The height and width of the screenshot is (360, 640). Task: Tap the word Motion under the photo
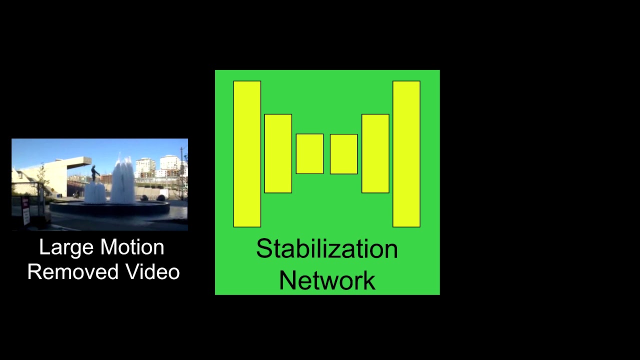tap(132, 247)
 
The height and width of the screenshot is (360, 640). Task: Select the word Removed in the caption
tap(73, 272)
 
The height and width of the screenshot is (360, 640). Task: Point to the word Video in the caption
tap(152, 272)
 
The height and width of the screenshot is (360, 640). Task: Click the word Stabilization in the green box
tap(327, 249)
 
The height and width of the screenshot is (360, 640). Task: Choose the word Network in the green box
tap(327, 280)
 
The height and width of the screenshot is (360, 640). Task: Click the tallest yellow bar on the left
tap(247, 154)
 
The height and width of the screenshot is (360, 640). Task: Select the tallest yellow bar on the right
tap(406, 154)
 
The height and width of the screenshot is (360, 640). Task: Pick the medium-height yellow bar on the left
tap(278, 153)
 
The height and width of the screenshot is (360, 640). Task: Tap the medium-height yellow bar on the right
tap(375, 153)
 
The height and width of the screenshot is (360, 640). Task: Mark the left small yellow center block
tap(309, 154)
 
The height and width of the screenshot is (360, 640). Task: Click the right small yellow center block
tap(343, 154)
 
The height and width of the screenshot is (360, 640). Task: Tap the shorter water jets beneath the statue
tap(94, 193)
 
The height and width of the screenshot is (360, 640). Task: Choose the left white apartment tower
tap(145, 166)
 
